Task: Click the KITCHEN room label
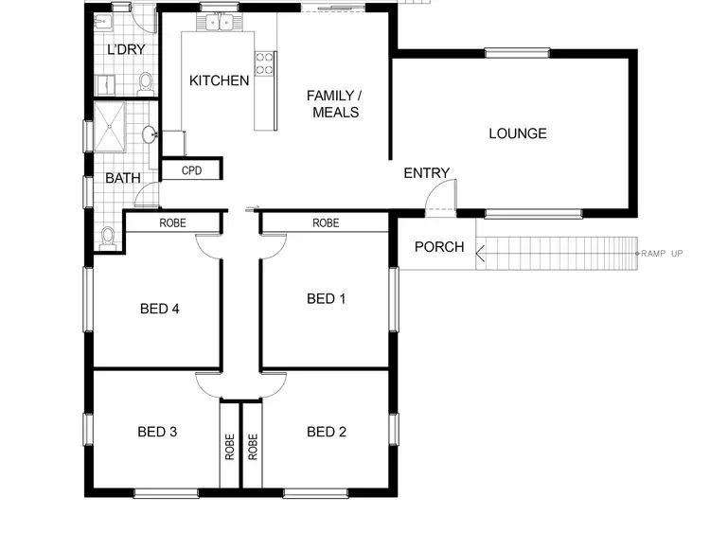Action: (220, 80)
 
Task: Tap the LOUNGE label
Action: (517, 133)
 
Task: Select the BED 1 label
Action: (327, 298)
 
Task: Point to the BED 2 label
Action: (327, 432)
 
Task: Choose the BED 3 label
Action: (157, 432)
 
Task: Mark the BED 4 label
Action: (159, 308)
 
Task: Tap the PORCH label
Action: (439, 247)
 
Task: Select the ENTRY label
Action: (426, 172)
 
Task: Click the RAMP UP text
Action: (663, 254)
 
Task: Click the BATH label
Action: (123, 177)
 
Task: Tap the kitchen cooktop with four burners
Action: (266, 64)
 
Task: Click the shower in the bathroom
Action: (111, 128)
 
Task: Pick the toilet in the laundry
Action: (146, 84)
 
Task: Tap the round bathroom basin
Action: (150, 135)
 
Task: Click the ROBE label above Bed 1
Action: (326, 223)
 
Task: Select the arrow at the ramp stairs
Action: (481, 252)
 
